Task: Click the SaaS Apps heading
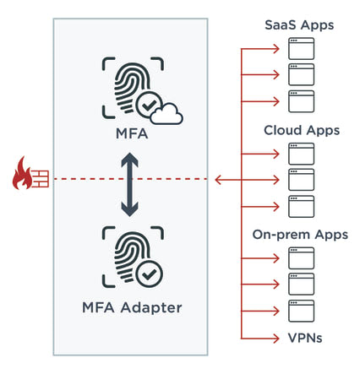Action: [x=299, y=25]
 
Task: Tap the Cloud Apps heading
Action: [x=302, y=131]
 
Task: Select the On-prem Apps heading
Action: [x=300, y=235]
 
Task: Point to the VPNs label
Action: [x=305, y=338]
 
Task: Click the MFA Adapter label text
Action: [x=132, y=307]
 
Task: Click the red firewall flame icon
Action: [x=22, y=173]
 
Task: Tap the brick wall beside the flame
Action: [x=41, y=179]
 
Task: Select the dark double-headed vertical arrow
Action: [x=129, y=185]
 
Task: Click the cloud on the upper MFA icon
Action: [x=166, y=114]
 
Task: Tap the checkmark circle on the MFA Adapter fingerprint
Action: [x=149, y=274]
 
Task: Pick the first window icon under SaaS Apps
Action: [x=301, y=48]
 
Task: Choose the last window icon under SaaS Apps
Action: [x=301, y=101]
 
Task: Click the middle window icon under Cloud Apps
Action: [x=301, y=180]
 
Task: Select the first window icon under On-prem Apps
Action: [x=301, y=258]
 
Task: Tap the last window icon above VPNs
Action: [x=301, y=311]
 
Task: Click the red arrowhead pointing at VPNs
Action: [x=276, y=338]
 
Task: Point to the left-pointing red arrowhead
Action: [x=218, y=180]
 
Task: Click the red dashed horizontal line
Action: [x=131, y=179]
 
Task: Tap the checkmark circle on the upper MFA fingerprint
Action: [x=149, y=105]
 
